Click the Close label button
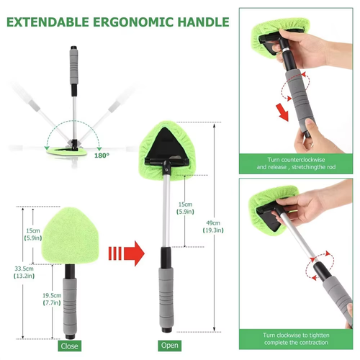[x=69, y=346]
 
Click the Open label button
[x=171, y=346]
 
